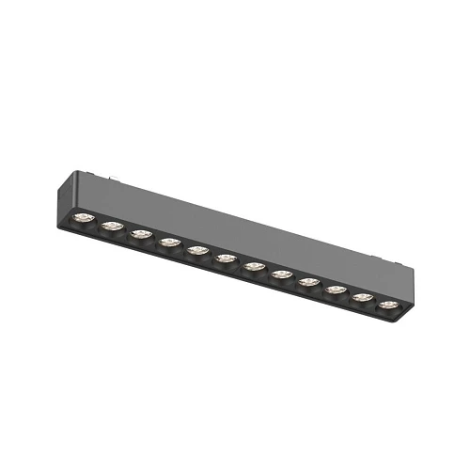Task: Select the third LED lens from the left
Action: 141,235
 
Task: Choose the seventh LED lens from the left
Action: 254,267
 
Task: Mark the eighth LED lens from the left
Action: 281,274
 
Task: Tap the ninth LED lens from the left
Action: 308,282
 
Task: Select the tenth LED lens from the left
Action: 336,290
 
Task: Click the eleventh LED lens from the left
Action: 362,297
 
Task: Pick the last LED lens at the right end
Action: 387,305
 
